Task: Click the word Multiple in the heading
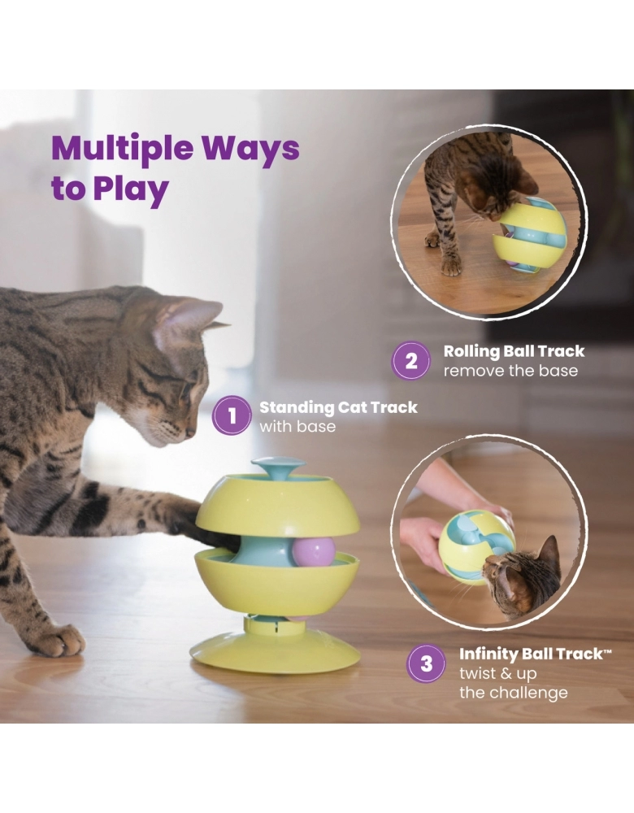click(x=123, y=149)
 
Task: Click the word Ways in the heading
click(x=251, y=150)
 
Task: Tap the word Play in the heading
click(x=131, y=189)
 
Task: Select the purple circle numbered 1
click(x=232, y=415)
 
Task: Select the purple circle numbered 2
click(x=410, y=360)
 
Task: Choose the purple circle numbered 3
click(x=426, y=663)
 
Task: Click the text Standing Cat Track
click(x=338, y=407)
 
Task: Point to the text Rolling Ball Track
click(x=514, y=351)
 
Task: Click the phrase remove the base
click(x=510, y=371)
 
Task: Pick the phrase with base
click(x=297, y=427)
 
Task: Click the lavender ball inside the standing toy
click(x=314, y=552)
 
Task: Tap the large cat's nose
click(x=190, y=432)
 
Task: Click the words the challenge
click(x=513, y=693)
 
